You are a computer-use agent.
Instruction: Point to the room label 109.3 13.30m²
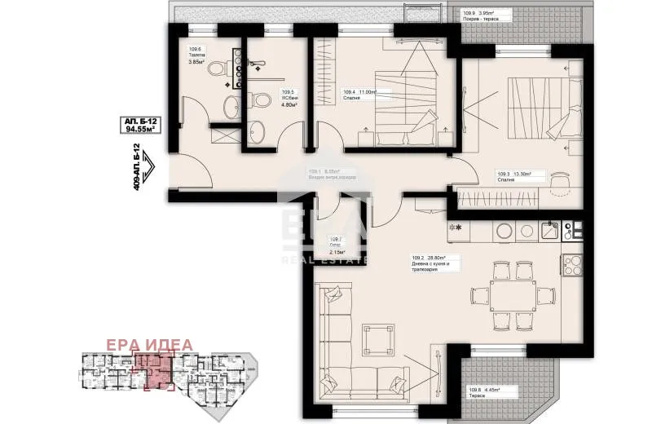click(514, 173)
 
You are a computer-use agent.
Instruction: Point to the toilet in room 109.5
click(261, 103)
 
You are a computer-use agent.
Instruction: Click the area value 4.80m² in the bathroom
click(289, 104)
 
